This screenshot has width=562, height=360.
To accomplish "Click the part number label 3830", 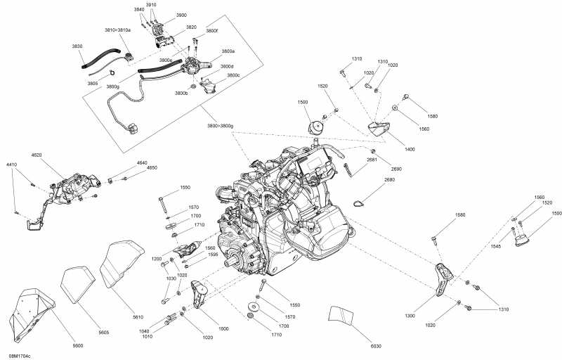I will click(x=77, y=46).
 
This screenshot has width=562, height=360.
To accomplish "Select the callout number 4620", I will click(x=37, y=153).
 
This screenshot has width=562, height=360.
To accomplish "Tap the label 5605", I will click(x=103, y=332).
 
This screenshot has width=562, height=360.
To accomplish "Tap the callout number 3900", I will click(x=181, y=15).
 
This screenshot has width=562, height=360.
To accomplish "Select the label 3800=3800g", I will click(x=220, y=125).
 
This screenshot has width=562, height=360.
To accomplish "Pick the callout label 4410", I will click(x=12, y=165).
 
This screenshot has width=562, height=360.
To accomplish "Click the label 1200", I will click(x=156, y=258).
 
